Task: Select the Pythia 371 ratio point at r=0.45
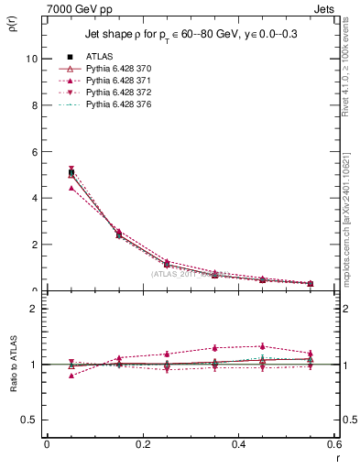click(x=262, y=346)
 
